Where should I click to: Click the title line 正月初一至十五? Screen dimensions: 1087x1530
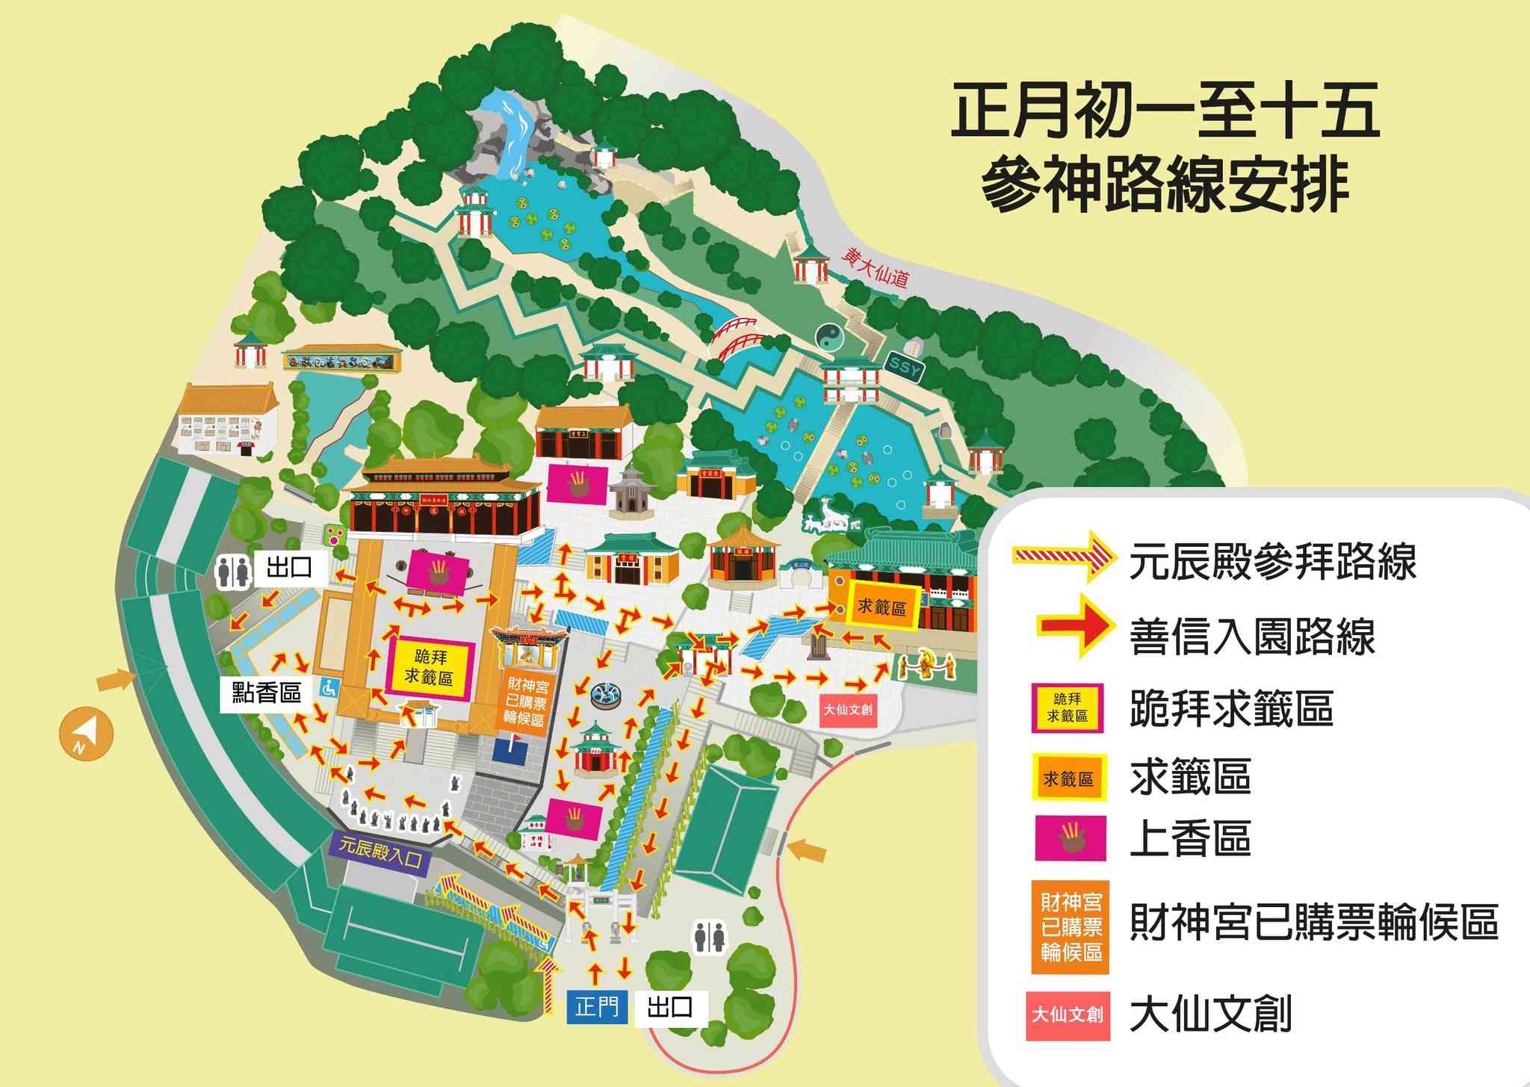click(1164, 114)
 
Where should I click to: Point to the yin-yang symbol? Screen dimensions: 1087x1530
click(828, 336)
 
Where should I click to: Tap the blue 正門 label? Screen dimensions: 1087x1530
click(597, 1008)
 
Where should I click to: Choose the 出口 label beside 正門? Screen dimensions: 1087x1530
click(669, 1008)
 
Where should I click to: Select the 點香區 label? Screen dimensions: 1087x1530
click(266, 693)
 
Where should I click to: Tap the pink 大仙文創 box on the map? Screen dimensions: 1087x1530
click(847, 710)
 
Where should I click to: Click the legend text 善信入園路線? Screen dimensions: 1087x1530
click(1252, 637)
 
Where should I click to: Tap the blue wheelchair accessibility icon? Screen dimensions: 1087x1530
click(327, 687)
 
